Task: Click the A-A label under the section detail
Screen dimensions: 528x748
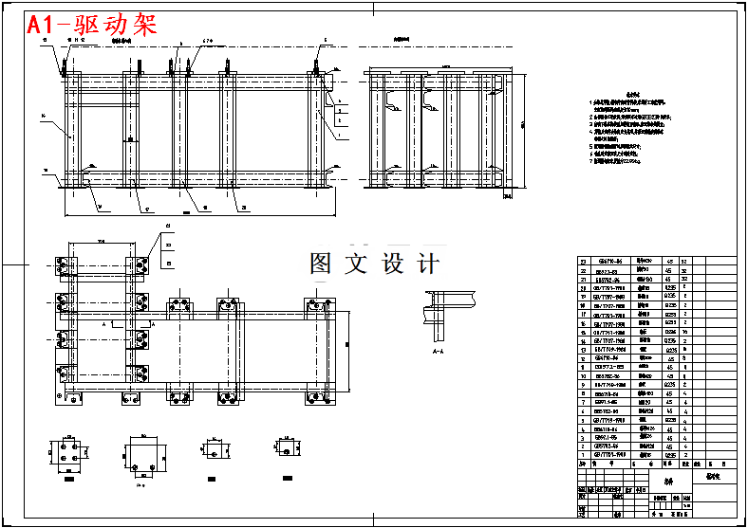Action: [438, 351]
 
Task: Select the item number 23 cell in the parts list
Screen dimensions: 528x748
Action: [584, 261]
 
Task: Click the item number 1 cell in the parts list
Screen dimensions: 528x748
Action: [584, 455]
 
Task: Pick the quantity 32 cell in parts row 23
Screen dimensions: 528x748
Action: [683, 261]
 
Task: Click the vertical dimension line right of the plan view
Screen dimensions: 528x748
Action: [346, 341]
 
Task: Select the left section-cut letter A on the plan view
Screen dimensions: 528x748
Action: [102, 323]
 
